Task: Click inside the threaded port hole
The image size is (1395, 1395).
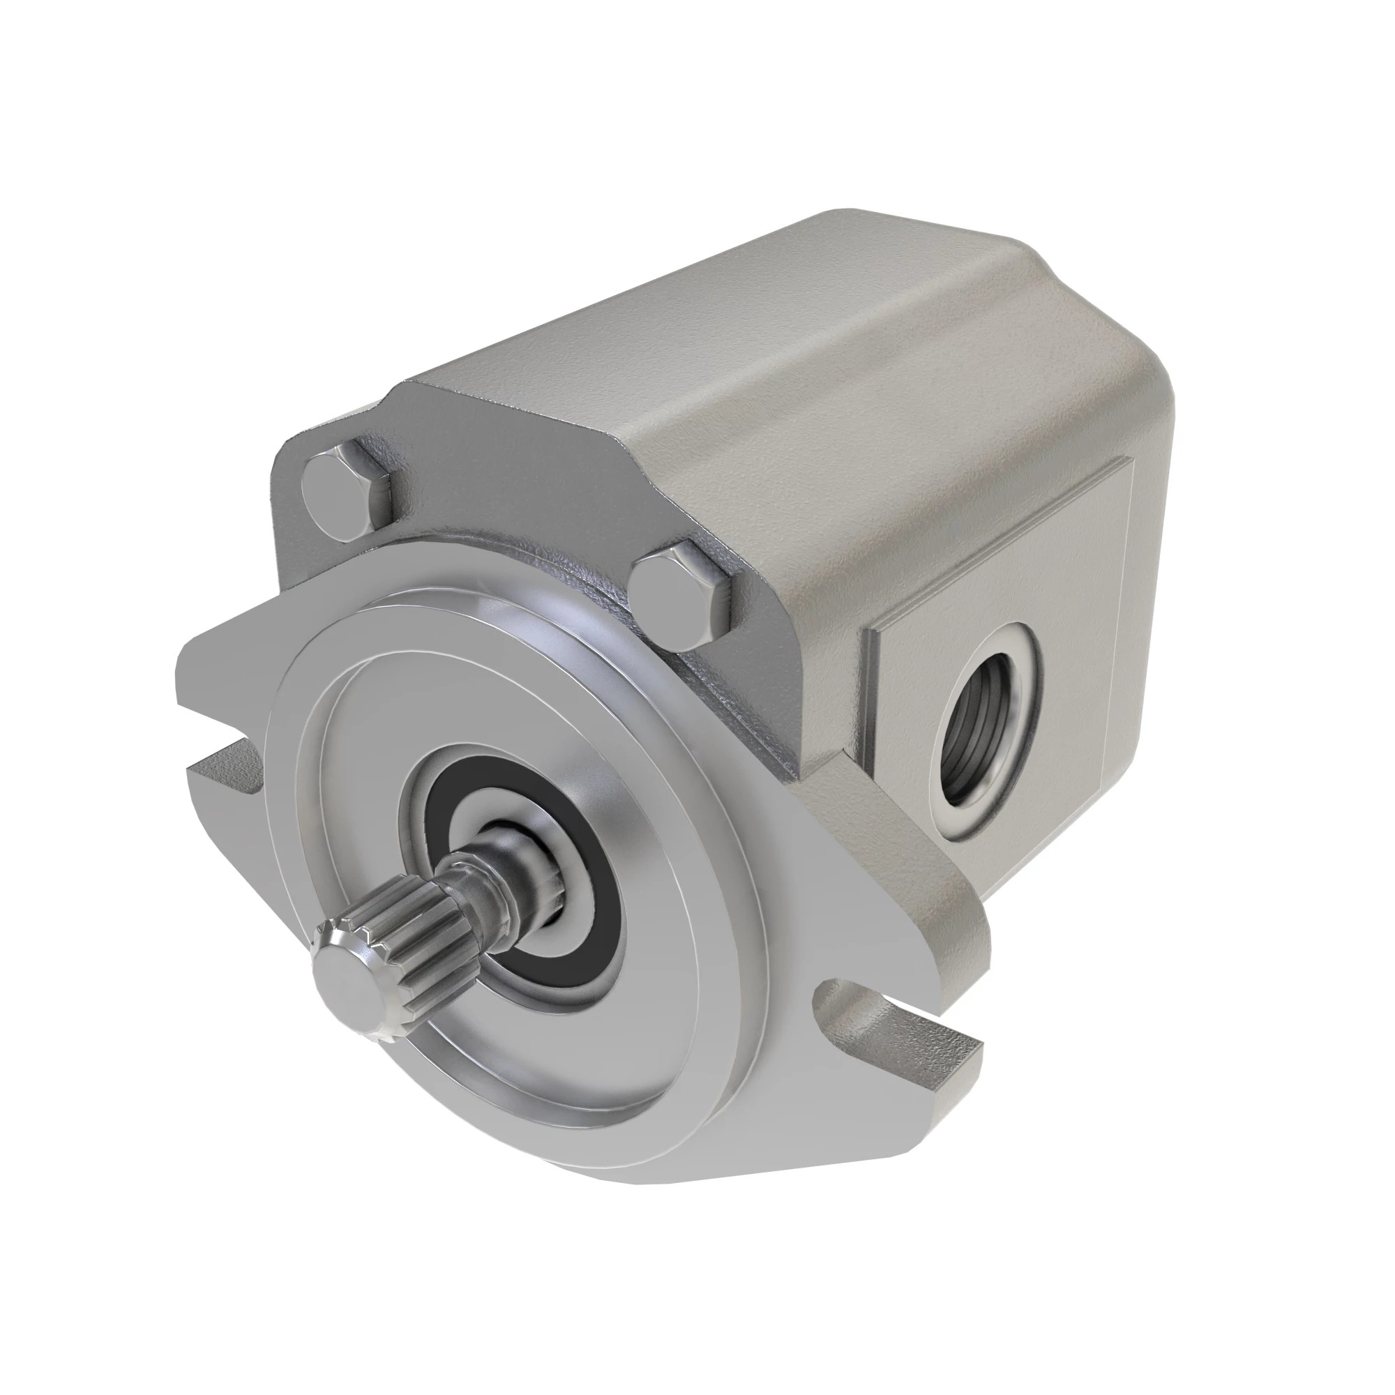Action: click(x=988, y=757)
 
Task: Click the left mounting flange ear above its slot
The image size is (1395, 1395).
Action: click(x=217, y=664)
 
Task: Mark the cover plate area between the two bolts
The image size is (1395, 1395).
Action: click(x=506, y=506)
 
